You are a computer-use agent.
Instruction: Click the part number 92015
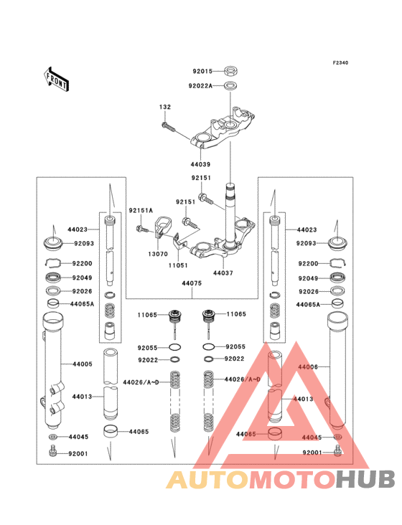(202, 71)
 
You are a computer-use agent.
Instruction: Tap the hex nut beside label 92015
(231, 71)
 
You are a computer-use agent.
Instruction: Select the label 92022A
(200, 86)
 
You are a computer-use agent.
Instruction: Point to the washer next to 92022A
(231, 86)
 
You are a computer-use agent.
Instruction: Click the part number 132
(165, 107)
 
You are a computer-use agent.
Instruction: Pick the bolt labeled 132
(169, 126)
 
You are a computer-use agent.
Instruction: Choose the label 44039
(200, 164)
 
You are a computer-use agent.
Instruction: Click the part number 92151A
(140, 210)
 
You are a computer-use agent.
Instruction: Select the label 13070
(158, 253)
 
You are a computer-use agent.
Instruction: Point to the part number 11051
(178, 264)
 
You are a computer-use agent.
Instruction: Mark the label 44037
(223, 273)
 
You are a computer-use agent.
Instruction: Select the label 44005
(82, 364)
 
